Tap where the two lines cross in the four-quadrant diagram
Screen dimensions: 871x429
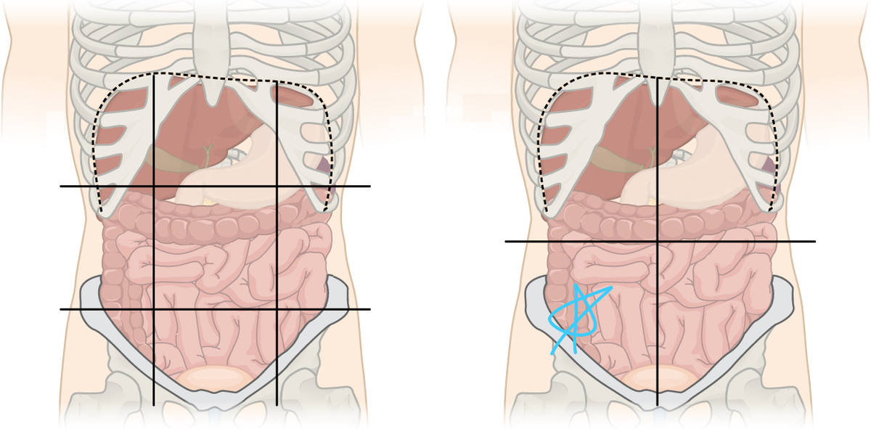pyautogui.click(x=658, y=241)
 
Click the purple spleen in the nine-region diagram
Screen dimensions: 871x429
pyautogui.click(x=322, y=165)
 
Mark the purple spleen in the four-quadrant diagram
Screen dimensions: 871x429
pyautogui.click(x=767, y=166)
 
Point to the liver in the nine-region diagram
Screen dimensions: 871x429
pyautogui.click(x=181, y=123)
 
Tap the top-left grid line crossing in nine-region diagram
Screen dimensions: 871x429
pyautogui.click(x=154, y=187)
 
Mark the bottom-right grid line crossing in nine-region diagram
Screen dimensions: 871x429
pyautogui.click(x=277, y=309)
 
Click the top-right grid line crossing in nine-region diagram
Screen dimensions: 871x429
pyautogui.click(x=277, y=187)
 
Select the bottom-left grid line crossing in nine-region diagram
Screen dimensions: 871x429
pyautogui.click(x=154, y=309)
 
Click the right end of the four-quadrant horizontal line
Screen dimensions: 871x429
pyautogui.click(x=814, y=241)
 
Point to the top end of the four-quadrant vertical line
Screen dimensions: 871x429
pyautogui.click(x=658, y=78)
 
